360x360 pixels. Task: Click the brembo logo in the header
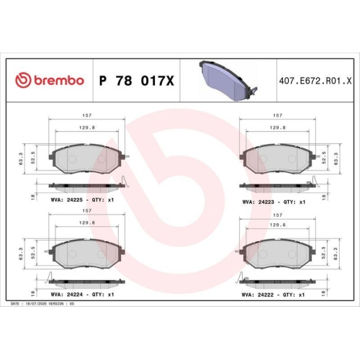[x=50, y=81]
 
